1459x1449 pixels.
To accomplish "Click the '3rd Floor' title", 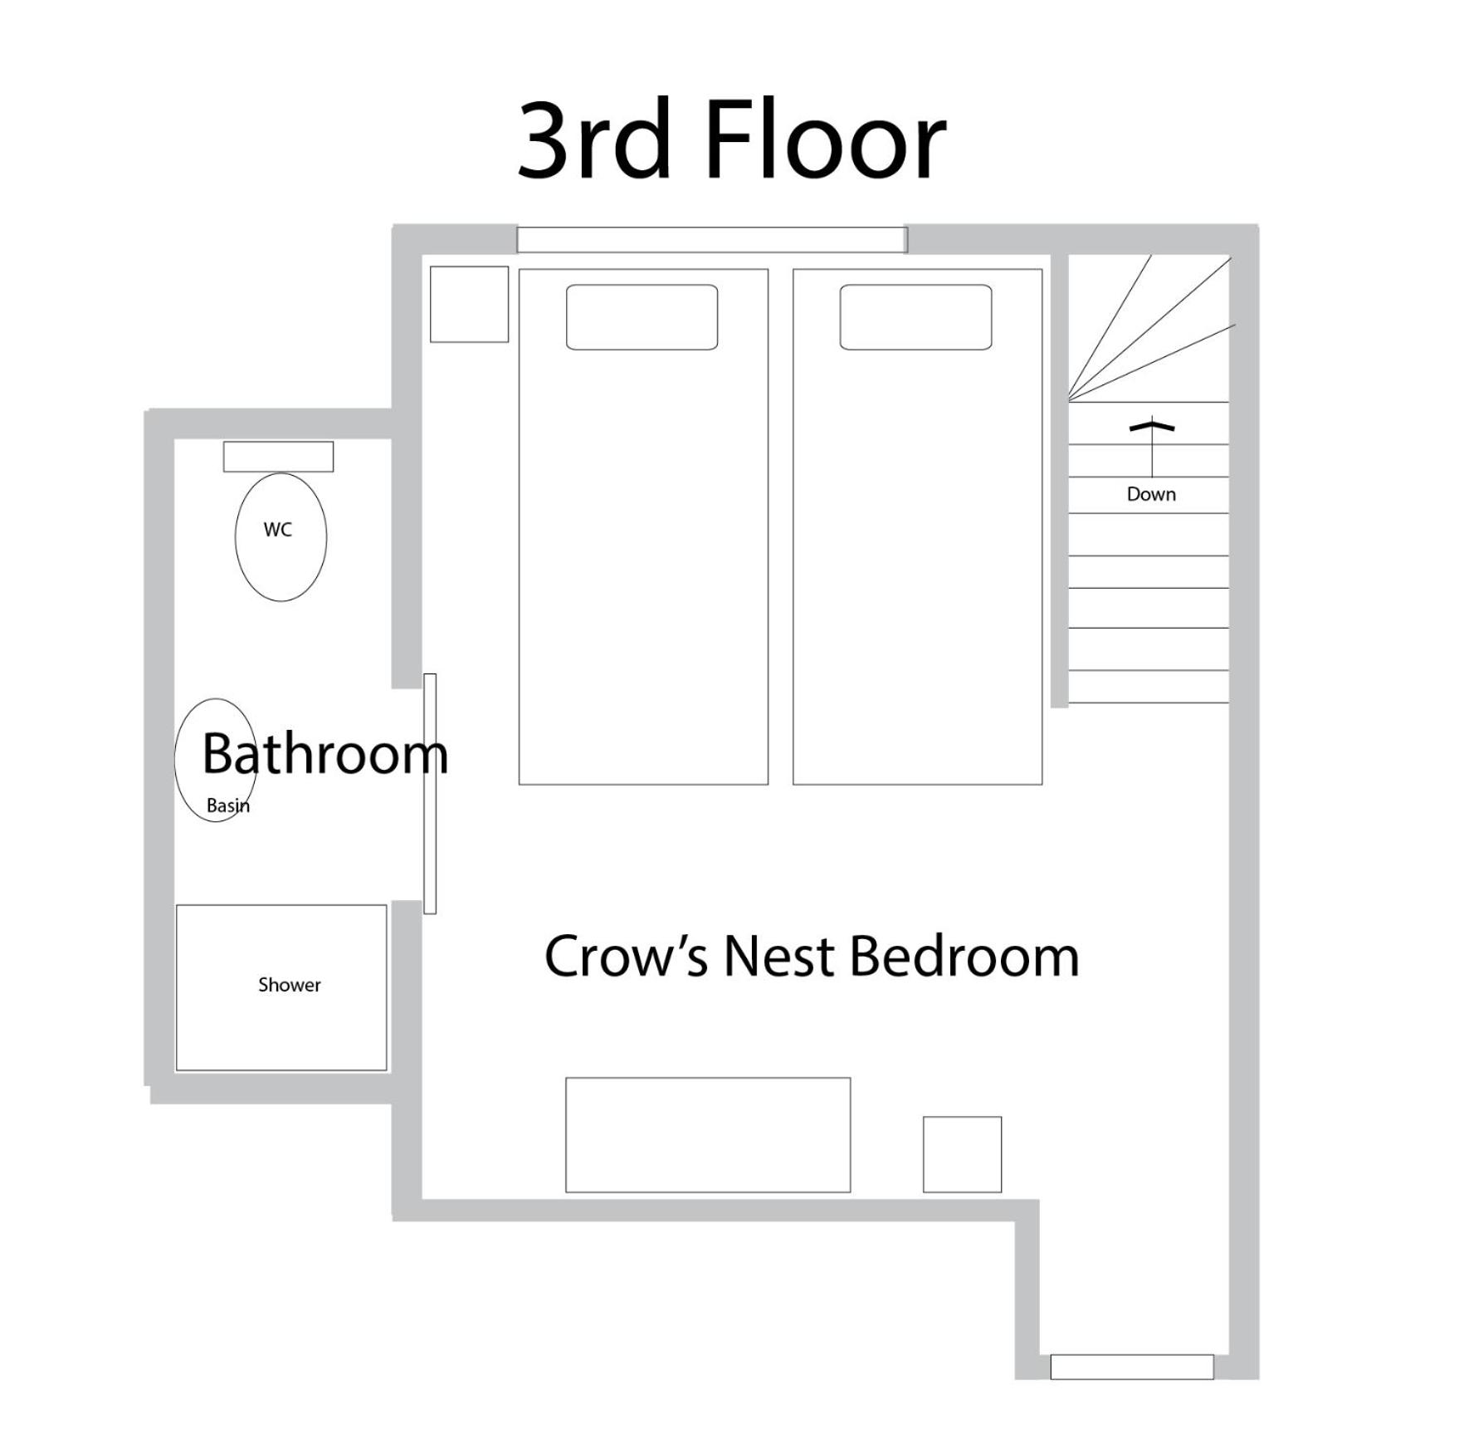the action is point(731,140).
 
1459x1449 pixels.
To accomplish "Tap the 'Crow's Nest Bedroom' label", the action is point(812,956).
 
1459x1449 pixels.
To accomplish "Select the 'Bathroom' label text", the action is point(325,753).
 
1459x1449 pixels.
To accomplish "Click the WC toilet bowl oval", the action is point(281,536).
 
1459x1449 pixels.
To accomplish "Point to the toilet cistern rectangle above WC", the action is point(278,457).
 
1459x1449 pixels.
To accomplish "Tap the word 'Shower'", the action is point(289,985).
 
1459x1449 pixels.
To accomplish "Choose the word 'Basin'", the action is point(228,805).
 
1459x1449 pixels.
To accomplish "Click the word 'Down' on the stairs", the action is point(1151,494).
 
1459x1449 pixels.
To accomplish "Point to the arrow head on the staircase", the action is point(1152,425).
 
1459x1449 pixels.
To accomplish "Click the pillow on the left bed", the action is point(642,317).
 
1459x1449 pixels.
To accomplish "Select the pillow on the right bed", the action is point(915,317).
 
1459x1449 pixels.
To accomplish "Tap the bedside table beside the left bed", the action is point(469,304).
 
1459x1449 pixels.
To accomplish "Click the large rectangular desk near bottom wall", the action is point(708,1135).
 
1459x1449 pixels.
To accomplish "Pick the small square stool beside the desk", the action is point(962,1154).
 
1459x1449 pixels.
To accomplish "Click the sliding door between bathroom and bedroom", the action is point(430,794).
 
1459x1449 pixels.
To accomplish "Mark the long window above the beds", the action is point(711,240).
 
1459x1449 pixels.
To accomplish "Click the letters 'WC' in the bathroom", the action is point(278,530).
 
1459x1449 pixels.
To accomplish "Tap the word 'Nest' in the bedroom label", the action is point(778,957).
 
